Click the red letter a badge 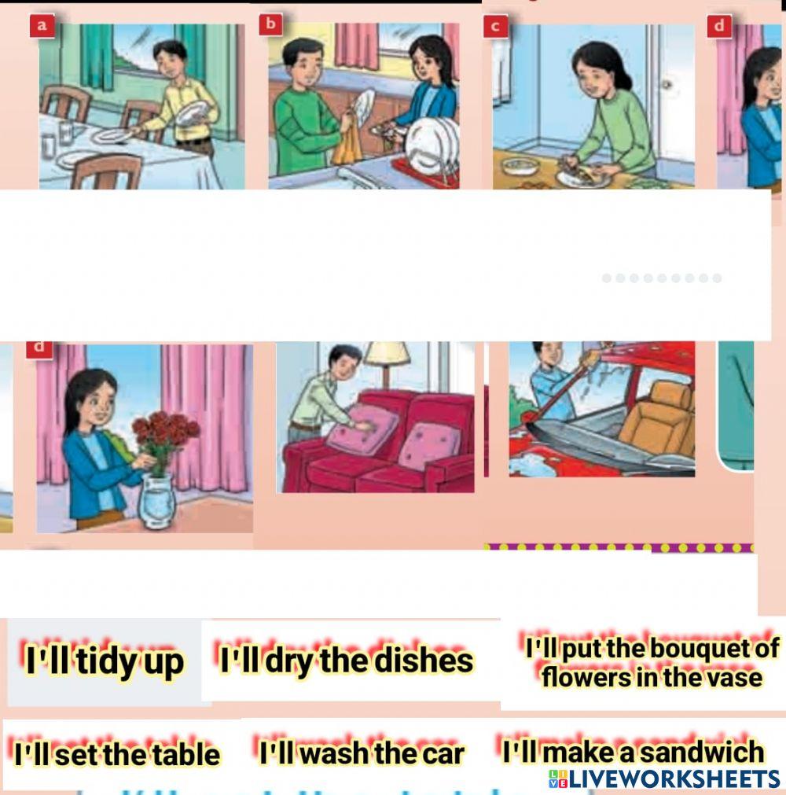point(42,26)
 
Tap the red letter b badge point(270,24)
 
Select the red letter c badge point(495,26)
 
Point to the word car point(443,754)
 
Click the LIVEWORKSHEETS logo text point(664,779)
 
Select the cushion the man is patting point(362,429)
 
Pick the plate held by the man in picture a point(190,114)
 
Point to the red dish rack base point(425,171)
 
